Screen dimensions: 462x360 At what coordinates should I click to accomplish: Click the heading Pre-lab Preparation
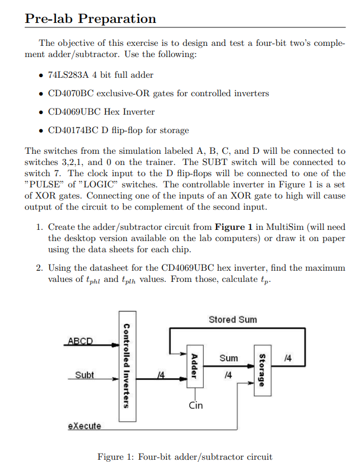coord(91,18)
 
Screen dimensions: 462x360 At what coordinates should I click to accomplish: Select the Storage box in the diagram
coord(260,369)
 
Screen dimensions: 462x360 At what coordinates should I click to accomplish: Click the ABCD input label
coord(81,341)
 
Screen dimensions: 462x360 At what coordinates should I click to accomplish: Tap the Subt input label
coord(85,375)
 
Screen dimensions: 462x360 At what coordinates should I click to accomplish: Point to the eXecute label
coord(85,426)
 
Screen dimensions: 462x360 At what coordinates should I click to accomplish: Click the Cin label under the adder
coord(195,405)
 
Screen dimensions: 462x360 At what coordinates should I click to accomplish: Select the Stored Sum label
coord(232,319)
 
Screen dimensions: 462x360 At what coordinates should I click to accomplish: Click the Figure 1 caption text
coord(185,456)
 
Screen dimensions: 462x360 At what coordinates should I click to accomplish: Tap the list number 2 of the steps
coord(39,267)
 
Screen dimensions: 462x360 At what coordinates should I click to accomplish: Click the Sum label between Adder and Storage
coord(228,357)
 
